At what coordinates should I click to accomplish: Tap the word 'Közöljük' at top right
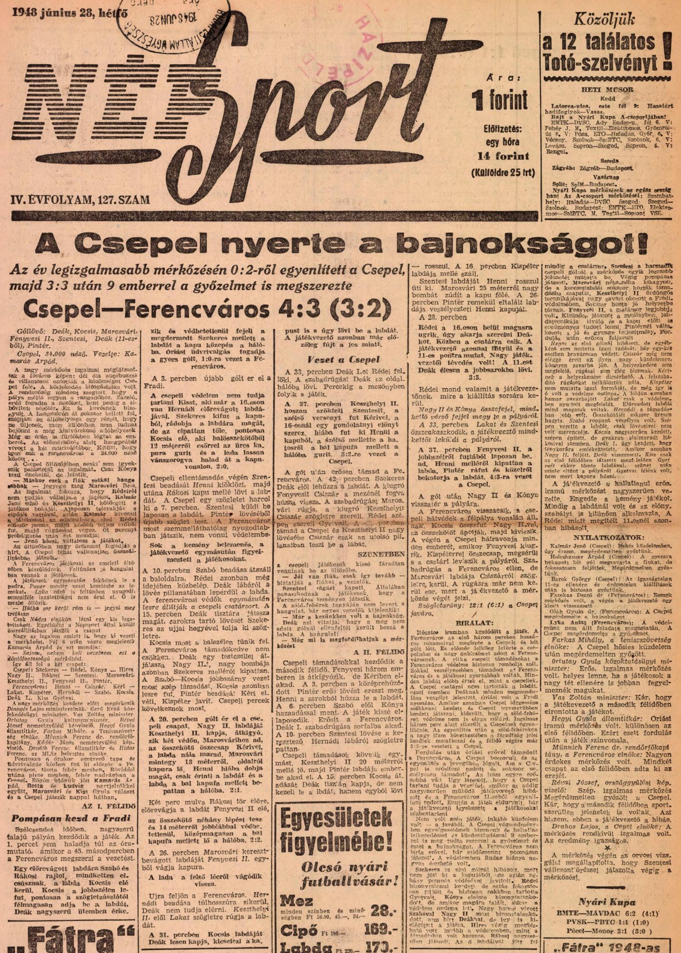pos(604,20)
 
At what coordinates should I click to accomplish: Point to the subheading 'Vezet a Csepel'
pos(344,359)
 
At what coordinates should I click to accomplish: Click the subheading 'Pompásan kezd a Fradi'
pos(71,818)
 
